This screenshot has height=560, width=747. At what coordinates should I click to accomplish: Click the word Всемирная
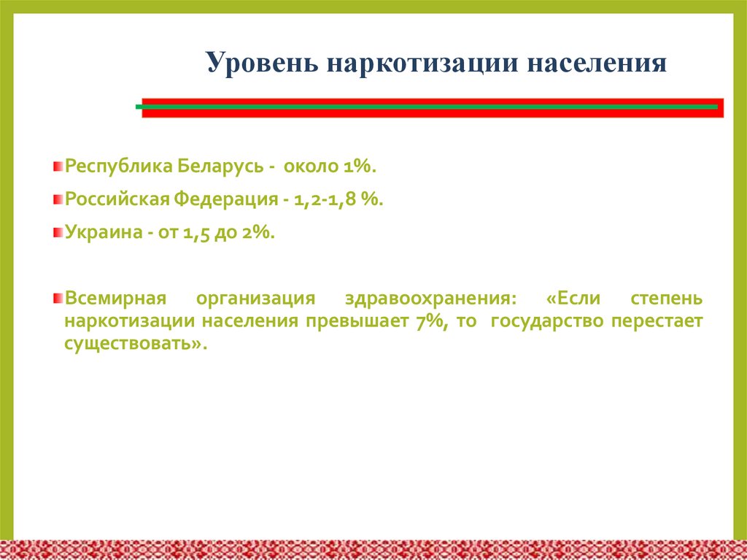click(x=116, y=300)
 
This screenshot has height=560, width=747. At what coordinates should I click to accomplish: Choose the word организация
click(x=255, y=300)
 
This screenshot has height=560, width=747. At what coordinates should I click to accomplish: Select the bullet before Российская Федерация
click(x=58, y=200)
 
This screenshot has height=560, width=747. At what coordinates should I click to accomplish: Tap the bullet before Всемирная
click(x=58, y=300)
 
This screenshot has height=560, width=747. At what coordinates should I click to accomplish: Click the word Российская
click(x=116, y=199)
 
